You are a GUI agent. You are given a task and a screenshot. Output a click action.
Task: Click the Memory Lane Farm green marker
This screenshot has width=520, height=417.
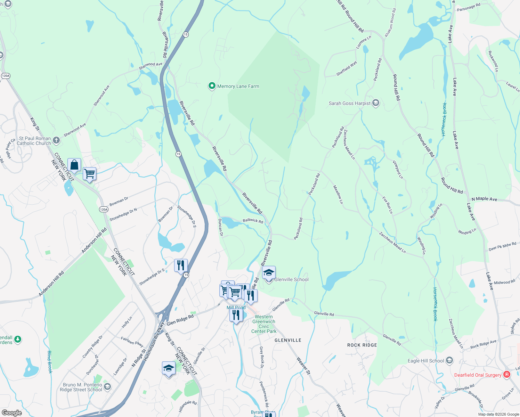(212, 86)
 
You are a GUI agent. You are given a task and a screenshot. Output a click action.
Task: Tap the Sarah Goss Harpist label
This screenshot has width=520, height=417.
(349, 103)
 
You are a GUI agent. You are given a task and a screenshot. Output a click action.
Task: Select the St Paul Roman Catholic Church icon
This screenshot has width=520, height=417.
(56, 140)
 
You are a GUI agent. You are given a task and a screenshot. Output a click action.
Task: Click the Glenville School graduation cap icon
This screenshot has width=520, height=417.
(269, 273)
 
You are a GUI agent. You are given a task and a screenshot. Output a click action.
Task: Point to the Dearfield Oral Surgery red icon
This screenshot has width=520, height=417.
(506, 374)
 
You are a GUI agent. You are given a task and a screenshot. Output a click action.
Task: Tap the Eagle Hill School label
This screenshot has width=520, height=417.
(425, 361)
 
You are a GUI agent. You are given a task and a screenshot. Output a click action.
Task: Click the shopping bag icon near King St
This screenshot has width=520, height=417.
(74, 165)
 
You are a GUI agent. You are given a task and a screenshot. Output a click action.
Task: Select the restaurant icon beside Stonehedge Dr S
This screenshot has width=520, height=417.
(181, 265)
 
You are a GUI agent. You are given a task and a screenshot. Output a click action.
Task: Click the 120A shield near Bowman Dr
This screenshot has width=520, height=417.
(104, 209)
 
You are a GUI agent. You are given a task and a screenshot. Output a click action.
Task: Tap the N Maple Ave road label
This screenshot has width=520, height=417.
(484, 199)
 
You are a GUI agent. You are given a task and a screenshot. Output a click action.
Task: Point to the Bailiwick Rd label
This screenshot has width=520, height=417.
(253, 221)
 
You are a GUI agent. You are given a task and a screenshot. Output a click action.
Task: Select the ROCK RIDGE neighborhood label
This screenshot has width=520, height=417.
(362, 345)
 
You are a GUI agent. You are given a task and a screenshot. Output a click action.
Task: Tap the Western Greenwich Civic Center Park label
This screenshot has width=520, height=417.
(264, 324)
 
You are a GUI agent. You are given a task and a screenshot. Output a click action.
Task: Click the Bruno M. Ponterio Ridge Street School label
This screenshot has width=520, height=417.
(82, 387)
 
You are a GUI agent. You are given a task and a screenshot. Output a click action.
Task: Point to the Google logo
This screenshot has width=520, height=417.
(11, 412)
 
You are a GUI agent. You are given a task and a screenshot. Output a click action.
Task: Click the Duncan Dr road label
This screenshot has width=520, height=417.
(220, 227)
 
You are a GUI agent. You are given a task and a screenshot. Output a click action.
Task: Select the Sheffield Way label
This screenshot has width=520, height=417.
(347, 68)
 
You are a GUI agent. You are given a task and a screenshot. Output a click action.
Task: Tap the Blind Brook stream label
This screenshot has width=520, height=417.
(50, 362)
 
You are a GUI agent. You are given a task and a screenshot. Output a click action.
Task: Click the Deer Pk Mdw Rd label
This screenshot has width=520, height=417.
(502, 247)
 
